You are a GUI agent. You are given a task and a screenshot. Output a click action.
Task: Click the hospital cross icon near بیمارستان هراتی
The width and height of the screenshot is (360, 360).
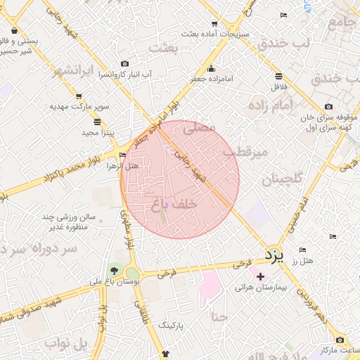[x=261, y=276]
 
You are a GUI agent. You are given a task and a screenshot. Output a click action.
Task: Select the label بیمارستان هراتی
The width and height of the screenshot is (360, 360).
[x=261, y=288]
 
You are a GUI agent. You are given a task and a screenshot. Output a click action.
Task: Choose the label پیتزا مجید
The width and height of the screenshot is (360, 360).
[x=98, y=131]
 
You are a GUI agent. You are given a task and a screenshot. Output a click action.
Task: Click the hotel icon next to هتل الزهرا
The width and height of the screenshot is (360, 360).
[x=123, y=155]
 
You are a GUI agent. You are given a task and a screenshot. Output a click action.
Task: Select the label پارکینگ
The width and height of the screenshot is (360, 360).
[x=174, y=325]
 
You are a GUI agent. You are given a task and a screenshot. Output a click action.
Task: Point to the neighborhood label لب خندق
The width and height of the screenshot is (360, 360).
[x=283, y=43]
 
